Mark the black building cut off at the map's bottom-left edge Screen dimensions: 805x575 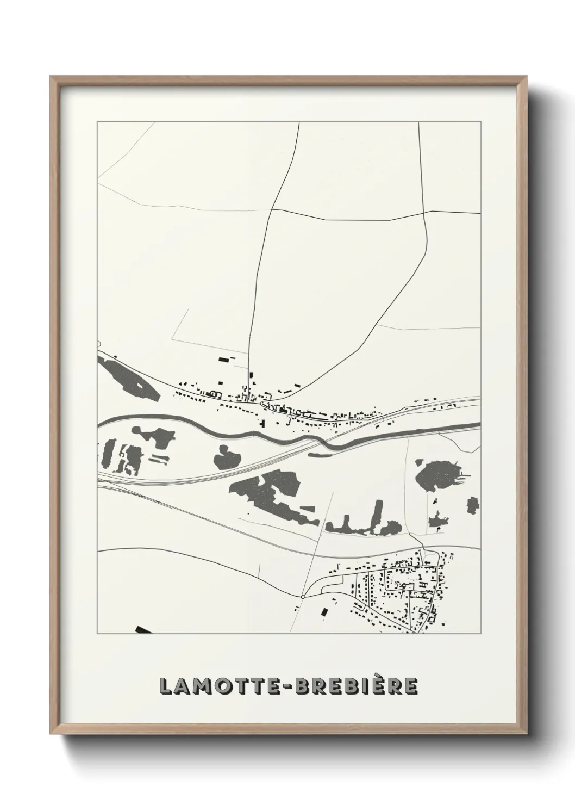(x=143, y=630)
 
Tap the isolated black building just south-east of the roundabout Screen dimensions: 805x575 (x=324, y=612)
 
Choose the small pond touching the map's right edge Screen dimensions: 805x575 (x=473, y=505)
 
